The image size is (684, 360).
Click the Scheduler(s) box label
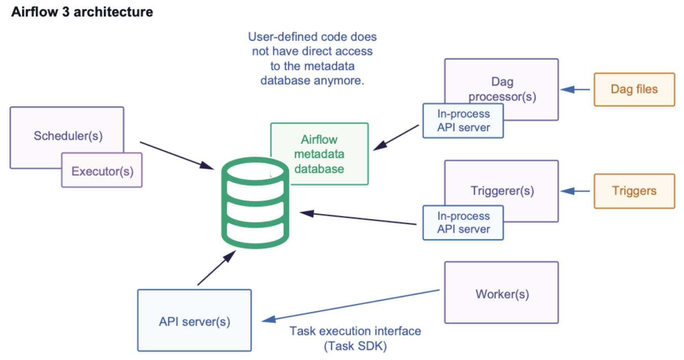pos(68,136)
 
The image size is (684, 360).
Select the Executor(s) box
pos(102,171)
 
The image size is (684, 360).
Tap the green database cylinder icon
pos(255,203)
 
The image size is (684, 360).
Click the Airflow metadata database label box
pos(319,154)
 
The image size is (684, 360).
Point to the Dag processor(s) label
pos(502,89)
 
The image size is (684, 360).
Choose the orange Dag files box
pos(634,89)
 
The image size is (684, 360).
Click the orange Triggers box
pos(634,191)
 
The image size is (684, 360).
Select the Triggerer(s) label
pos(502,191)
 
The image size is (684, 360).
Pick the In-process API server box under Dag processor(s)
pos(463,121)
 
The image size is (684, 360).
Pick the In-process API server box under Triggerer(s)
pos(463,223)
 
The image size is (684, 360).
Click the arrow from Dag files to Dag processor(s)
pos(575,90)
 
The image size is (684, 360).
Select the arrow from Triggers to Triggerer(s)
pos(575,191)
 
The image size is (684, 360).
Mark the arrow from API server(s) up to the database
pos(216,268)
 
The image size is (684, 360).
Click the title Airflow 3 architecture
pos(82,12)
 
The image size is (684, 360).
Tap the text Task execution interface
pos(355,331)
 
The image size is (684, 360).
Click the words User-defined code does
pos(312,37)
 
